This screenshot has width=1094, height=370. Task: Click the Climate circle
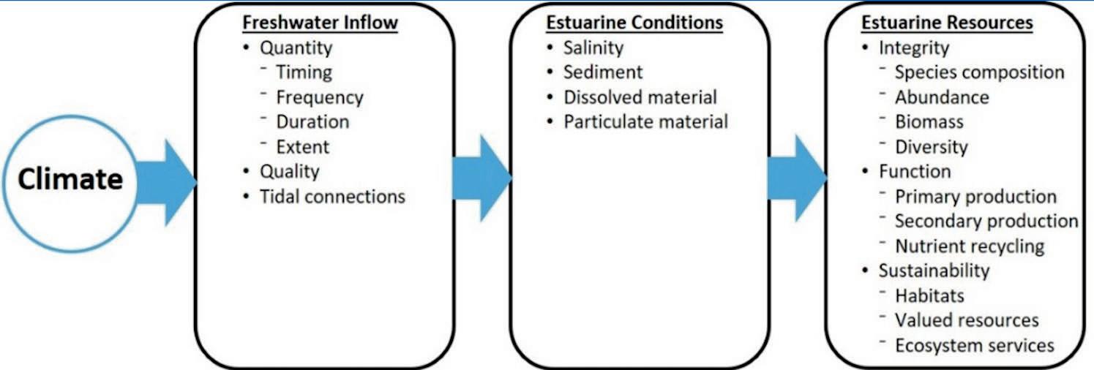pyautogui.click(x=70, y=180)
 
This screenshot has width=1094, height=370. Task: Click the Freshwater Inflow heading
pyautogui.click(x=320, y=23)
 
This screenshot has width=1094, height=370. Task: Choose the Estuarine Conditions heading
pyautogui.click(x=634, y=23)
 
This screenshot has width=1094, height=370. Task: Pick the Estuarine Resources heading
pyautogui.click(x=947, y=23)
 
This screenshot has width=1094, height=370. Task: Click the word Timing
pyautogui.click(x=304, y=72)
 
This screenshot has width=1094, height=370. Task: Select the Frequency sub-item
pyautogui.click(x=319, y=97)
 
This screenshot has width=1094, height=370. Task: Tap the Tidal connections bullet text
pyautogui.click(x=332, y=196)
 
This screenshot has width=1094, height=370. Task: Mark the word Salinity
pyautogui.click(x=593, y=48)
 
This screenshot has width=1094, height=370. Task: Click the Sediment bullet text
pyautogui.click(x=602, y=72)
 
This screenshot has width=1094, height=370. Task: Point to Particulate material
pyautogui.click(x=645, y=121)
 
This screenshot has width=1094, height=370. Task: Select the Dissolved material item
pyautogui.click(x=640, y=97)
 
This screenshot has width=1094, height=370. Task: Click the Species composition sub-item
pyautogui.click(x=979, y=72)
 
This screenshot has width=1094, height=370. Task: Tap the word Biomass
pyautogui.click(x=929, y=121)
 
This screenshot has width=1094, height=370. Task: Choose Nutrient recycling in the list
pyautogui.click(x=970, y=246)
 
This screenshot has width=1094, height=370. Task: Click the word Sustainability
pyautogui.click(x=934, y=271)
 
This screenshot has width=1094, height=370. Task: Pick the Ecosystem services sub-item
pyautogui.click(x=974, y=345)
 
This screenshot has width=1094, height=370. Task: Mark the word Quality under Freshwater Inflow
pyautogui.click(x=290, y=171)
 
